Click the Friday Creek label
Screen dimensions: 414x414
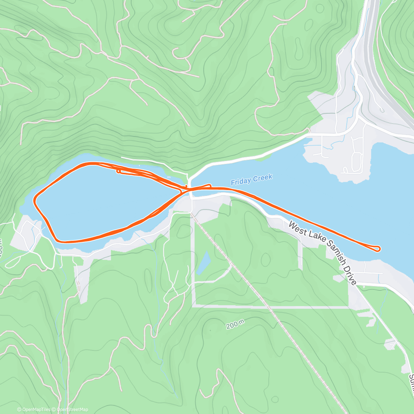click(x=252, y=179)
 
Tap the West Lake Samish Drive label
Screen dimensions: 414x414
click(x=322, y=253)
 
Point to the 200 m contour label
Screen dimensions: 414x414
click(x=236, y=325)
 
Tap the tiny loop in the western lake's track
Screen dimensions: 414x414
click(x=118, y=171)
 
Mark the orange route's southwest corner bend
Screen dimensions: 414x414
click(x=57, y=239)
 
